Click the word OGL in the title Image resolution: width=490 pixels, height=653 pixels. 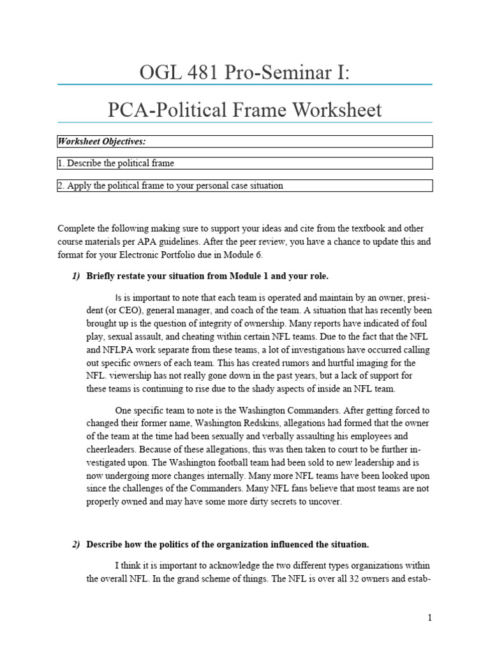coord(161,73)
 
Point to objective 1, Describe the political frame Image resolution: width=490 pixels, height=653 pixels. coord(115,163)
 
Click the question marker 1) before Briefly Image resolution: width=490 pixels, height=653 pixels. coord(76,275)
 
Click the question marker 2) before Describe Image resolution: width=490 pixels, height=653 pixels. coord(76,545)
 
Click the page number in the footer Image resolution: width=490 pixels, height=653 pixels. coord(430,617)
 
